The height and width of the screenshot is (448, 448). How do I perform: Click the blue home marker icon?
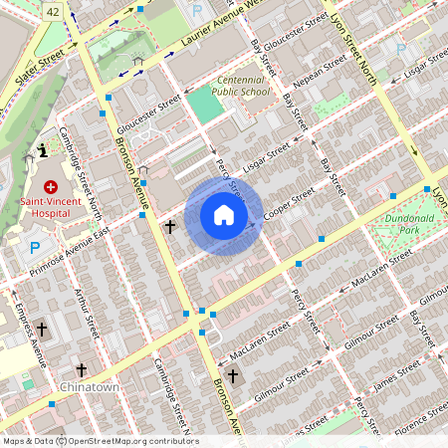click(224, 216)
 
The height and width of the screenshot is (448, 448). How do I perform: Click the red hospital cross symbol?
click(50, 186)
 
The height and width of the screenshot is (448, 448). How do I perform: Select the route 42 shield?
click(53, 9)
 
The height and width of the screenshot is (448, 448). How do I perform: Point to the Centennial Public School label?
click(243, 85)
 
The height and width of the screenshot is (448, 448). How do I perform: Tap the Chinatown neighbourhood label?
click(90, 386)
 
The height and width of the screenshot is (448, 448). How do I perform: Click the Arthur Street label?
click(87, 310)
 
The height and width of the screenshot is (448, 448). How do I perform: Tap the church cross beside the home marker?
click(170, 227)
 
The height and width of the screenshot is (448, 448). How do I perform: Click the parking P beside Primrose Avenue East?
click(36, 249)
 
